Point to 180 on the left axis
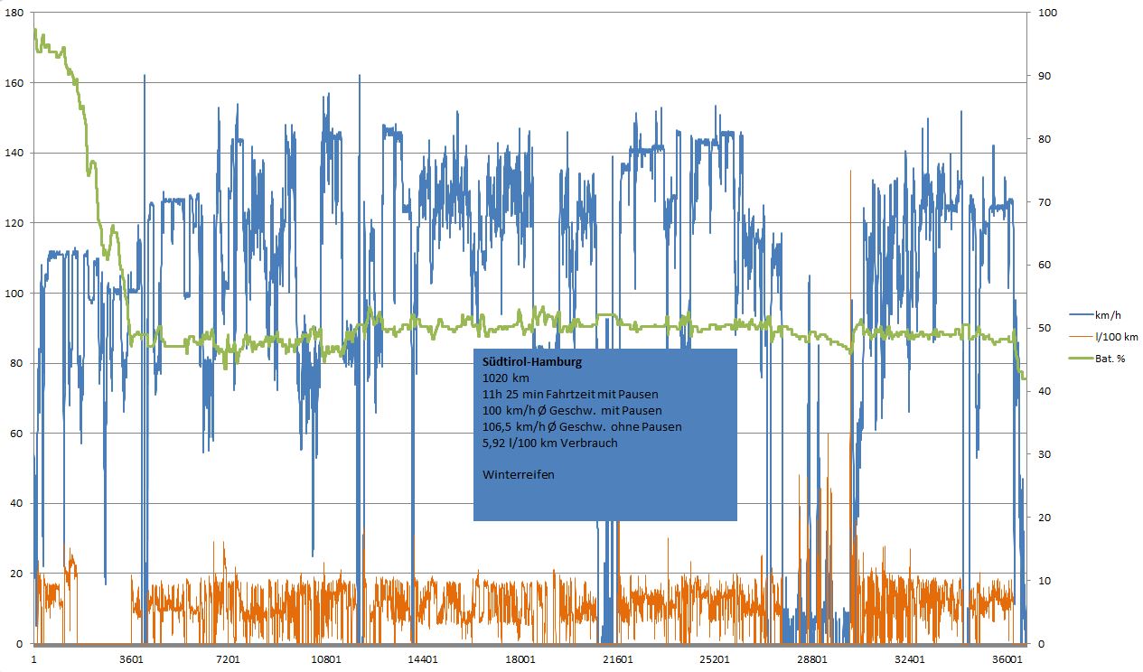(14, 13)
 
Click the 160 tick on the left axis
(14, 83)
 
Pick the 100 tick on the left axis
(14, 294)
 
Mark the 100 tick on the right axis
(1044, 13)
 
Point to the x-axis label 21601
(618, 659)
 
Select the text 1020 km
(506, 378)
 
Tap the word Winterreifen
(519, 474)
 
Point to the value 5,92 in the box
(499, 443)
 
